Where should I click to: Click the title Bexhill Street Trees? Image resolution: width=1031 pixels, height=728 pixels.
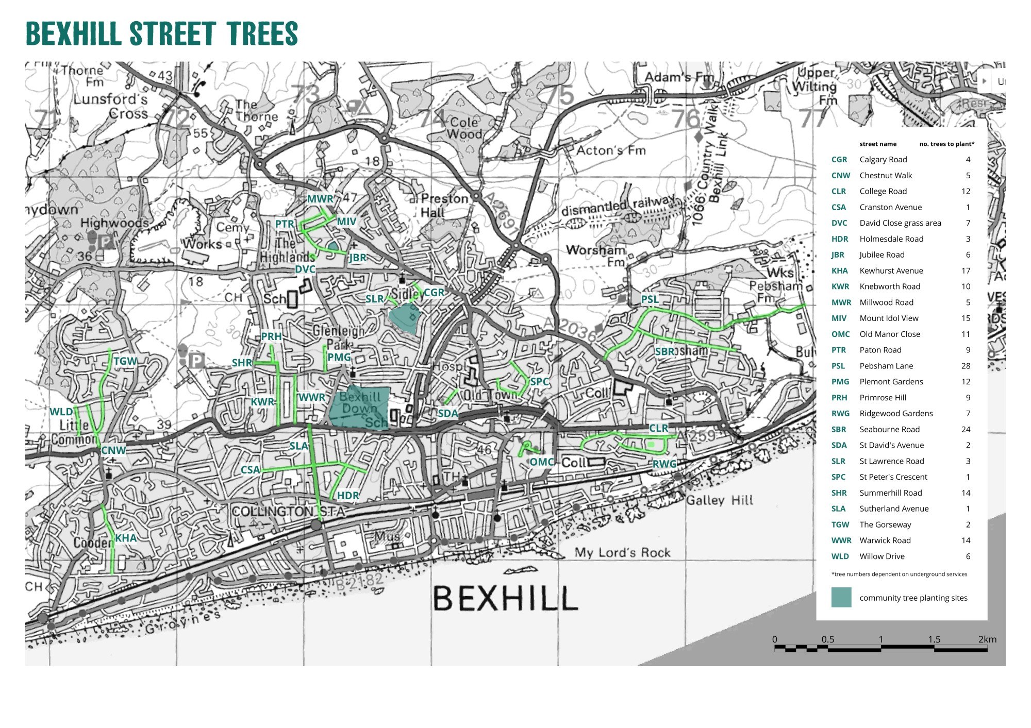161,34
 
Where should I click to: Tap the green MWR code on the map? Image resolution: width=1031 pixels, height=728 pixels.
320,199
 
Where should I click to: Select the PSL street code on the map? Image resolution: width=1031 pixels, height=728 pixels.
650,299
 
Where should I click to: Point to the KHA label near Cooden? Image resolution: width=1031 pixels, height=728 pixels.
126,538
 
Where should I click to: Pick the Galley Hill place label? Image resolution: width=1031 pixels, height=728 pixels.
719,500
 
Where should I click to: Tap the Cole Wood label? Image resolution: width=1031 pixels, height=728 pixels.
464,128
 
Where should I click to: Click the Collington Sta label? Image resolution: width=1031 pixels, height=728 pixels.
288,512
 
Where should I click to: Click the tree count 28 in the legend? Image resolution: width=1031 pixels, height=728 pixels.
966,366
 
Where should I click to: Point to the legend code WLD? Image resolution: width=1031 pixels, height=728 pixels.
840,556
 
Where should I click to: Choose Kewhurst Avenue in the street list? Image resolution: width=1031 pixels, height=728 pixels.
891,270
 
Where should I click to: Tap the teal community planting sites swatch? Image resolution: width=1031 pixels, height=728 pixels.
841,598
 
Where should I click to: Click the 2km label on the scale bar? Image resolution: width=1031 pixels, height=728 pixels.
987,639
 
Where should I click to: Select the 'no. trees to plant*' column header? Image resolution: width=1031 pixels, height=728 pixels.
946,144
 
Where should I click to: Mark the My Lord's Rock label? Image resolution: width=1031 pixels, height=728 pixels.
622,553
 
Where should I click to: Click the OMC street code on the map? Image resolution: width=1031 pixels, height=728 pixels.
541,462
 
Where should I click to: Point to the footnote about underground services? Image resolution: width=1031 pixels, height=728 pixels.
899,574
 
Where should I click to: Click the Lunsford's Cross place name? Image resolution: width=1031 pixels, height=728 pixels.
110,106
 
